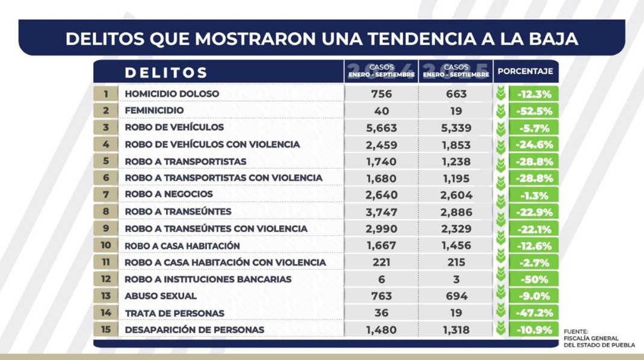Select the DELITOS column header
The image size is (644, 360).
pos(166,73)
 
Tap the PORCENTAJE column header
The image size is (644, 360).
pos(525,72)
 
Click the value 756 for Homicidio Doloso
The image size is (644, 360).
pos(381,94)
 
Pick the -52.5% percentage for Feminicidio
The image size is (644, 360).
pos(533,111)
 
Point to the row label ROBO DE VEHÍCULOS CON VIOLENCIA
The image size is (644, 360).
pos(212,144)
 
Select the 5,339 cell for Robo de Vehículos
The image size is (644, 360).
pos(455,128)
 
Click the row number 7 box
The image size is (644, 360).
pos(106,194)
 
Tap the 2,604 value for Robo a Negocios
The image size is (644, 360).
pos(455,195)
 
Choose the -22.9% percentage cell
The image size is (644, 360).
pos(533,212)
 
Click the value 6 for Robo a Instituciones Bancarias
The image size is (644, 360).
pos(381,279)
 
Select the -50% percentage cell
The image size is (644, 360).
pos(533,279)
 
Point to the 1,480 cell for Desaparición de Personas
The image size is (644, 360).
pos(381,330)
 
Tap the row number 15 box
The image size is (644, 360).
pos(106,330)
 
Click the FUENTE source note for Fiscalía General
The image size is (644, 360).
pos(599,338)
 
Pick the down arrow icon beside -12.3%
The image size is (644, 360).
pos(500,94)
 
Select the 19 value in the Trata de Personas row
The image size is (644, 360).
pos(455,313)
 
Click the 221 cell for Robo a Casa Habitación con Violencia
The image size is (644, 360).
pos(381,262)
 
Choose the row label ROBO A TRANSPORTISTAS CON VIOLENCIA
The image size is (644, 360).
pos(223,178)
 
